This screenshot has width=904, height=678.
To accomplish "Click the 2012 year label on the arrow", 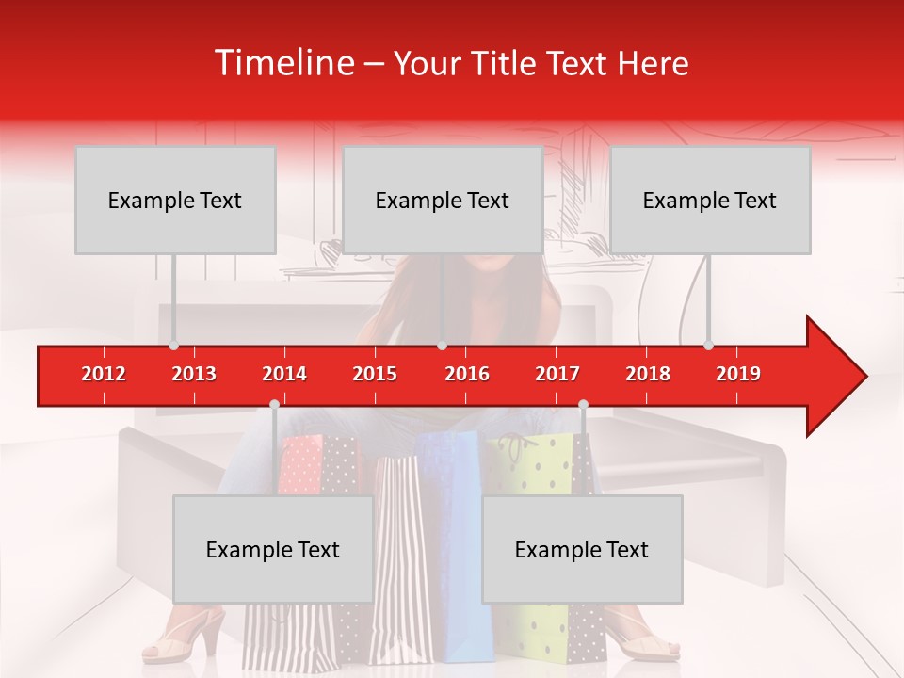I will (x=104, y=374).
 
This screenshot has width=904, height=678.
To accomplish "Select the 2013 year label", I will (x=194, y=374).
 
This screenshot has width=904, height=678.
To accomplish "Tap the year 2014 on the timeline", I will (x=284, y=374).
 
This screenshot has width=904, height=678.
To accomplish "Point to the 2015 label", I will (x=375, y=374).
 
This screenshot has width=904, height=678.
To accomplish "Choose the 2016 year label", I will (x=467, y=374).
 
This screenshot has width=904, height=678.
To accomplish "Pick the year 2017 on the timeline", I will (x=557, y=374).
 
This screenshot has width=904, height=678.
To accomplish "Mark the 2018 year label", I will (x=648, y=374).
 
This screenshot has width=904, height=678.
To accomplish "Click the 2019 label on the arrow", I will (x=738, y=374).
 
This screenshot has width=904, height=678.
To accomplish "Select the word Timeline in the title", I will (x=282, y=63).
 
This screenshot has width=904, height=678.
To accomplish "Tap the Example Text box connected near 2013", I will (x=175, y=200).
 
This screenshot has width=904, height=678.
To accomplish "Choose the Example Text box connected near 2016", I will (x=443, y=200).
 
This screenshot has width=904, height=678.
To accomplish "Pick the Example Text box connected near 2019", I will (x=710, y=200).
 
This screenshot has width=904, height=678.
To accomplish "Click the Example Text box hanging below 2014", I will (x=273, y=549).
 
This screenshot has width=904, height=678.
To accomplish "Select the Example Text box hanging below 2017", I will (x=582, y=549).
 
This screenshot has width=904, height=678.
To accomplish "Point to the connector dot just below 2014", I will (x=274, y=404).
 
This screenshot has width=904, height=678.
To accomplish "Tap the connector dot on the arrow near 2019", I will (x=709, y=345).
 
